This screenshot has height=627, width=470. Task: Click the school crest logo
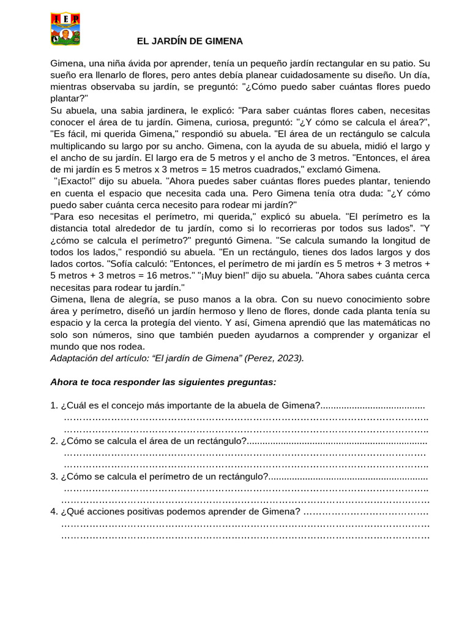click(65, 29)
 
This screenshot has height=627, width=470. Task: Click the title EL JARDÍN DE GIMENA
click(189, 41)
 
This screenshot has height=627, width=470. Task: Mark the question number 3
click(53, 476)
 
